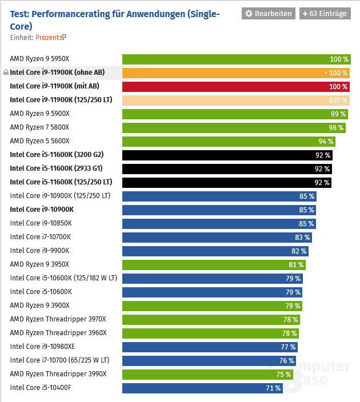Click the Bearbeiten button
268,14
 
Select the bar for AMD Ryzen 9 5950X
236,59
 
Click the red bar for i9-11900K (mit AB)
236,86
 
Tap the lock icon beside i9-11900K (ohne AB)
6,73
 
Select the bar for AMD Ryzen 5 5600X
229,141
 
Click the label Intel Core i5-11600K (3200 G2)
57,155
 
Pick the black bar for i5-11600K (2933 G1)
226,168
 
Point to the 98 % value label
336,127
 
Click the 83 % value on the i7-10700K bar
303,237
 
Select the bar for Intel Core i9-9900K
215,251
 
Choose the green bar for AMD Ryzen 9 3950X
214,264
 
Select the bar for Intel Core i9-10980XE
210,347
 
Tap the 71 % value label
273,388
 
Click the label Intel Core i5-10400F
41,388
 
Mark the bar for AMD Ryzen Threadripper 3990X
207,374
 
